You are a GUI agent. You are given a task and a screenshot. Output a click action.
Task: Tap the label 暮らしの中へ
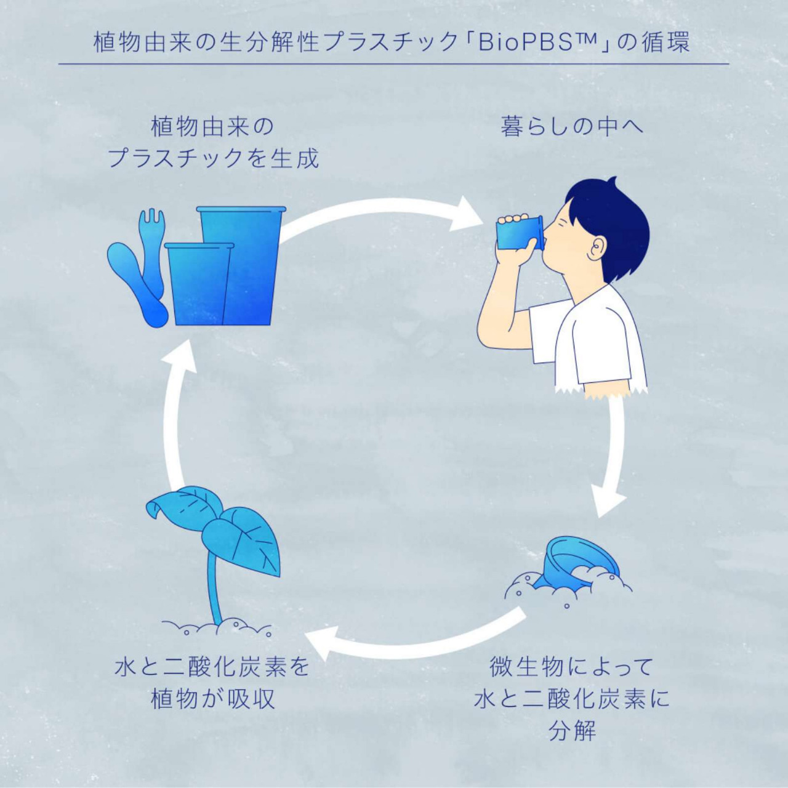point(572,127)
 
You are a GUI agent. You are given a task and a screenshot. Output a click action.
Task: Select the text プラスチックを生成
point(213,159)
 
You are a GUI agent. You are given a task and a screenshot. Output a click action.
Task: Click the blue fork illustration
point(152,246)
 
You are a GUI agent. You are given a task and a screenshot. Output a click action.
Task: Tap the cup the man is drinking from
point(519,235)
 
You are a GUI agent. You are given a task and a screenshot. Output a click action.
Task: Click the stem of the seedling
point(215,591)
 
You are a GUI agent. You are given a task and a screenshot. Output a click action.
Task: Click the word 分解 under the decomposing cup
point(572,731)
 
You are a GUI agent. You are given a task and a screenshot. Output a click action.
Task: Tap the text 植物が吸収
point(213,699)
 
